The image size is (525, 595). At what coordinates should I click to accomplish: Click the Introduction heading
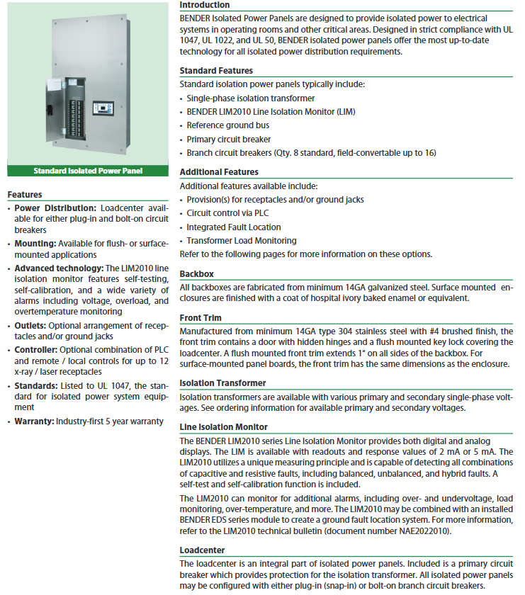(x=204, y=5)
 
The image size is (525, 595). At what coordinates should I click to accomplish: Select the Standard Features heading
(x=216, y=71)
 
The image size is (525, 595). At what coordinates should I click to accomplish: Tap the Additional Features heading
(x=219, y=172)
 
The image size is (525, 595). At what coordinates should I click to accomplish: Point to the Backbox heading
(x=197, y=273)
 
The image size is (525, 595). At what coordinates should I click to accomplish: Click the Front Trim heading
(x=201, y=318)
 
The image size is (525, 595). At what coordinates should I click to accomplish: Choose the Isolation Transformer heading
(x=222, y=383)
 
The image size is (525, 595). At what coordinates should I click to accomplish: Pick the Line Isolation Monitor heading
(x=223, y=427)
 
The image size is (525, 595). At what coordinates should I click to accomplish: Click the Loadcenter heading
(x=203, y=550)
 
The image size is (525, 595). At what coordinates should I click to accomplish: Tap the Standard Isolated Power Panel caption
(x=88, y=171)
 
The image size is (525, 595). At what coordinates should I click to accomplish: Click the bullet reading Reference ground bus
(x=227, y=125)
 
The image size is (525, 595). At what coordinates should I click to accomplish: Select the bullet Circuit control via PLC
(x=227, y=213)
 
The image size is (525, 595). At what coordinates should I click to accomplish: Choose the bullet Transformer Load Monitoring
(x=242, y=241)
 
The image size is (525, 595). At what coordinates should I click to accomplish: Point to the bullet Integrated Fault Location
(x=234, y=227)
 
